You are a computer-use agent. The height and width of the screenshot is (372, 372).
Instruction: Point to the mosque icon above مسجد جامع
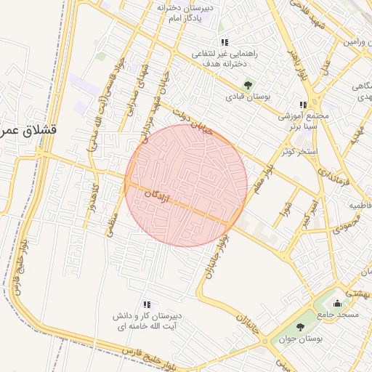[336, 303]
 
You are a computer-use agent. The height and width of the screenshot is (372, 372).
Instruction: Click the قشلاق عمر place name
[29, 130]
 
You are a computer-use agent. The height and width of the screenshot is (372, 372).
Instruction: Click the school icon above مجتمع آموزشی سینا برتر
[303, 104]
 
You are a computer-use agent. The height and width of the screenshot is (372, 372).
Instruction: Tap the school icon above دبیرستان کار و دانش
[146, 304]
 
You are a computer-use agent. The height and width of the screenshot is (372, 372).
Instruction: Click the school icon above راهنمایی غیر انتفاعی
[224, 42]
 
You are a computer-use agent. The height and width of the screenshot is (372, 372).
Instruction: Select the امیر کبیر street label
[310, 213]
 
